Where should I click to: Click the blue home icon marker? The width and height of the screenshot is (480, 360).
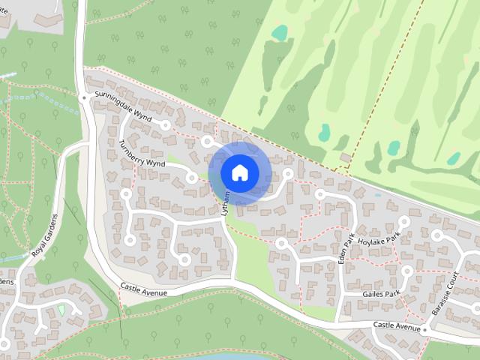click(239, 172)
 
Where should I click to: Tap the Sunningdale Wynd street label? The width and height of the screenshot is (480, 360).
click(123, 107)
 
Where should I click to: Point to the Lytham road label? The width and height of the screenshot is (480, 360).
click(225, 203)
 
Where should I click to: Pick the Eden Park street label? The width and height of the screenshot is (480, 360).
click(347, 253)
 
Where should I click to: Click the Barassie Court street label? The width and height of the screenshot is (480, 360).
click(452, 289)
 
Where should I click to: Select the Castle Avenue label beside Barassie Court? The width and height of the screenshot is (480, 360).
click(397, 326)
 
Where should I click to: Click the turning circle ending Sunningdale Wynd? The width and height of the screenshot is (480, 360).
click(166, 125)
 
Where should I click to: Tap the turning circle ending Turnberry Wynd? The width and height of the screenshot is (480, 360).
click(192, 178)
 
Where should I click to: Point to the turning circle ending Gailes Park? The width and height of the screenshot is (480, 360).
click(407, 271)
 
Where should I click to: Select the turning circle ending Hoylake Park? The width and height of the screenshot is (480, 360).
click(403, 222)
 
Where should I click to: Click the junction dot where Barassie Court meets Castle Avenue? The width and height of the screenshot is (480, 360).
click(424, 329)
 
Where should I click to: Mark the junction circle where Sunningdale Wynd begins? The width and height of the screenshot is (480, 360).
click(83, 97)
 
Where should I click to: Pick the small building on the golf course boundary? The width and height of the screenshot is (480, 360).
click(345, 157)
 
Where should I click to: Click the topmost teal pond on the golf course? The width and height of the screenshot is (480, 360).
click(279, 33)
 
